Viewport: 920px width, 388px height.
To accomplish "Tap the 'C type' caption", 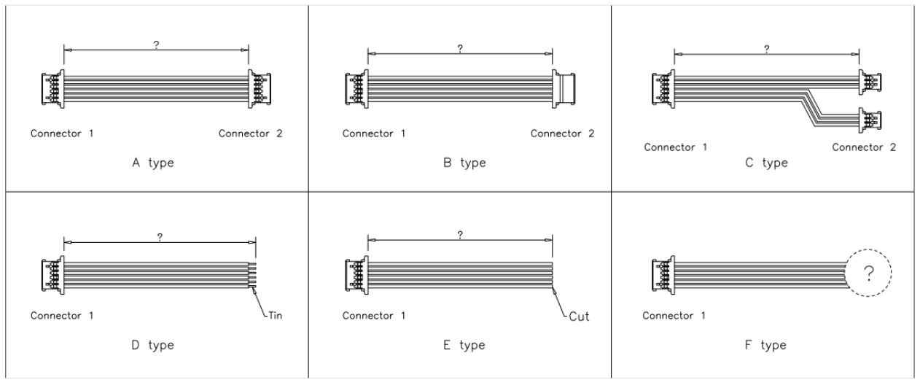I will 766,163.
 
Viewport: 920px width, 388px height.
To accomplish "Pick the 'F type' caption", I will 766,345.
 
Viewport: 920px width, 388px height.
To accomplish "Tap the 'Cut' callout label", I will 580,317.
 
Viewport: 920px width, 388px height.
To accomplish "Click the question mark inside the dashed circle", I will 868,274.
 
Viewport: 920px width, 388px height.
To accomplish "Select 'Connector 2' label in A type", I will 250,133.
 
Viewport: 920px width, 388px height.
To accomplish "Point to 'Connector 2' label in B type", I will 562,133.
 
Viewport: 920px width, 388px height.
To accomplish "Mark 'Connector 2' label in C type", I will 864,147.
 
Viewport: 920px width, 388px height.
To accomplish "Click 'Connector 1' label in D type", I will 61,316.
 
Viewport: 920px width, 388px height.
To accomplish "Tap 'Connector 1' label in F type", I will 674,316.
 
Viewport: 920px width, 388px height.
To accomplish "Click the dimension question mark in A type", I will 156,44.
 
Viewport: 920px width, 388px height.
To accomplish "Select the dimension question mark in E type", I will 460,234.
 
